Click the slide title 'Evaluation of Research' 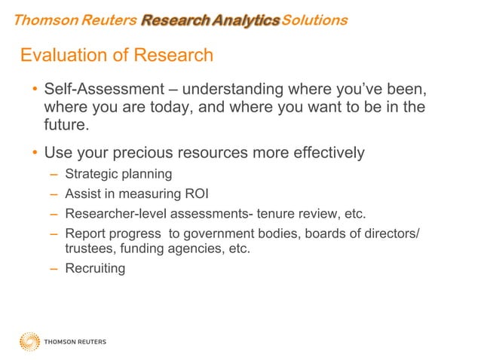point(117,56)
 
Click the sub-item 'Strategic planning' point(118,175)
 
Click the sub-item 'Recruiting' point(95,268)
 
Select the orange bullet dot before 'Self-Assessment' point(34,91)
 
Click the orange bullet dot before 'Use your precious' point(34,154)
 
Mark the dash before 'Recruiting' point(54,268)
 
